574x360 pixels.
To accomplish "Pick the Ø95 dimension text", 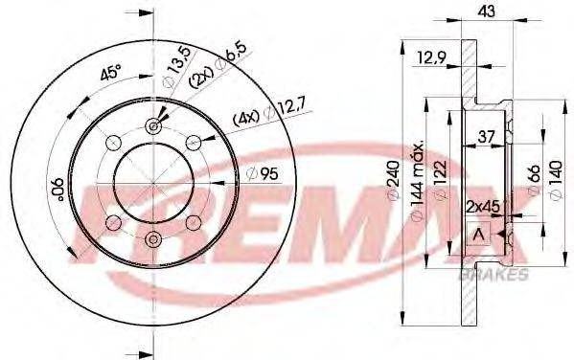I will coord(263,173).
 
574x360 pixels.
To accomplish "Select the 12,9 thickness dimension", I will coord(432,60).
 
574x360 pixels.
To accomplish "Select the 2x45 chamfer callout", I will coord(484,206).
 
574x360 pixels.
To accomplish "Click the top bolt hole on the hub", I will coord(153,126).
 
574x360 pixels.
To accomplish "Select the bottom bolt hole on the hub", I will coord(153,238).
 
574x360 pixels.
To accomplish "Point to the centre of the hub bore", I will coord(153,182).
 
